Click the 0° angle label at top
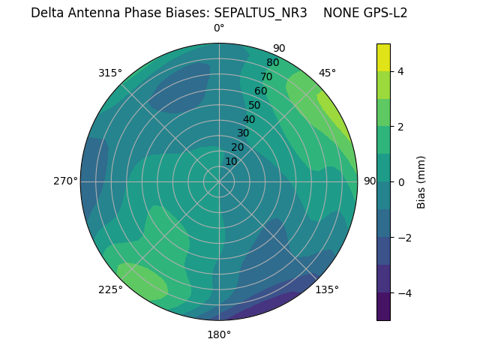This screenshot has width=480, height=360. [219, 28]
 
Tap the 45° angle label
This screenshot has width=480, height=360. [327, 73]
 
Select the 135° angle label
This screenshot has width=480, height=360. [327, 289]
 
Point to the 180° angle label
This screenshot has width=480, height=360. [219, 334]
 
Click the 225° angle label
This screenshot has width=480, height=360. [110, 290]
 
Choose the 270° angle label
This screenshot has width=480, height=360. [65, 181]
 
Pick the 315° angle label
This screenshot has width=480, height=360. [110, 73]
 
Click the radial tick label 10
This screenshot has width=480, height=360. [231, 161]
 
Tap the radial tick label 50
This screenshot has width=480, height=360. [254, 106]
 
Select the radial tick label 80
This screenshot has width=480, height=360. [272, 63]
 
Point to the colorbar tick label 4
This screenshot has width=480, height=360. [401, 71]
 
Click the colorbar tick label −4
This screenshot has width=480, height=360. [403, 293]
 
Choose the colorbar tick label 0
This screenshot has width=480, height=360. [401, 182]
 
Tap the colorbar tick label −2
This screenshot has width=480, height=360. [403, 238]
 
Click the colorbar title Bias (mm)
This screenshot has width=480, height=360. [421, 182]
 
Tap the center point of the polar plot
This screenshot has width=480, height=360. [219, 181]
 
